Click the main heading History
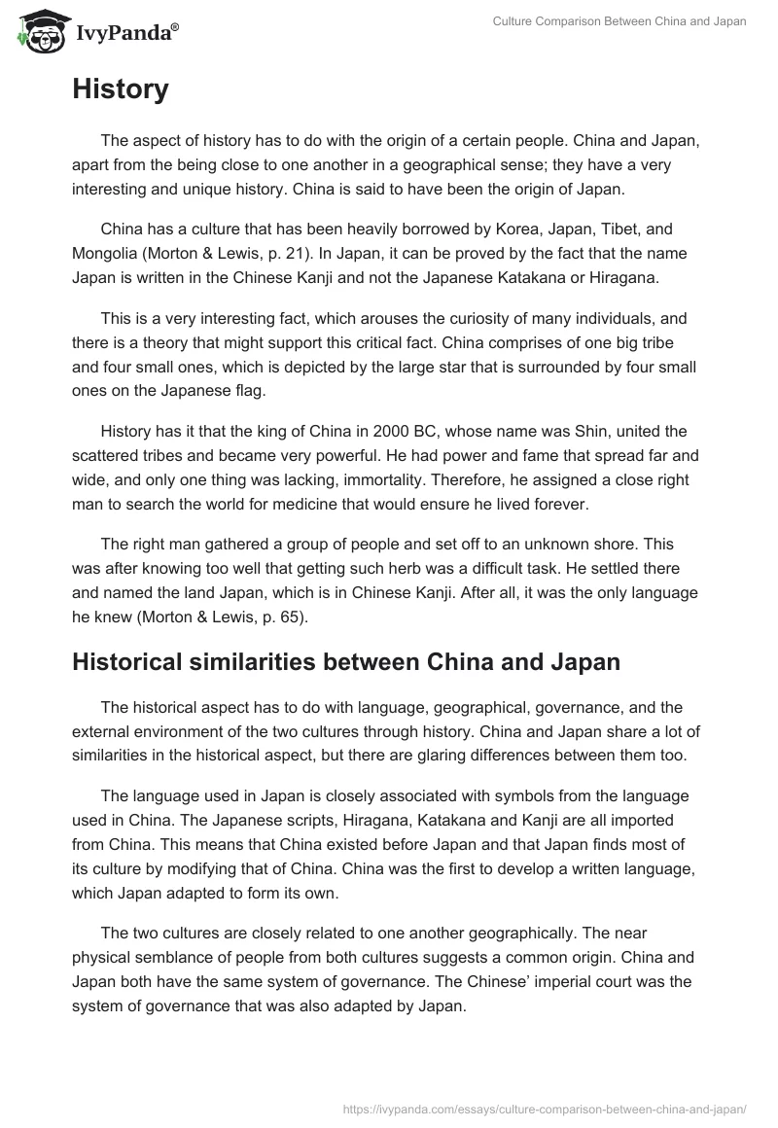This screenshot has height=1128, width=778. click(x=121, y=89)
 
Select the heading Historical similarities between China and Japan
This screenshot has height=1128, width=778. click(x=346, y=663)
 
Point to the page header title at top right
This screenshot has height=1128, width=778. click(x=632, y=21)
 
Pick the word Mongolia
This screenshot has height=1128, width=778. click(x=109, y=255)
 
